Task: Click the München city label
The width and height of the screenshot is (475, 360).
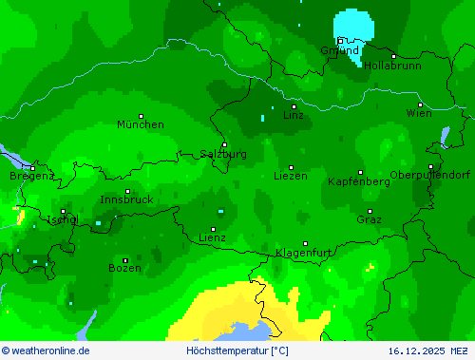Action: pyautogui.click(x=140, y=124)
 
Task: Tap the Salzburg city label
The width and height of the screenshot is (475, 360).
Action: pyautogui.click(x=223, y=154)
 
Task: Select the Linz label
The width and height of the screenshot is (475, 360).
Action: pyautogui.click(x=294, y=115)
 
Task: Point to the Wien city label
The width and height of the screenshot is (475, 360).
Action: pyautogui.click(x=419, y=113)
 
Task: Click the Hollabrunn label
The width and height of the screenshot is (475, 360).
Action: pyautogui.click(x=393, y=66)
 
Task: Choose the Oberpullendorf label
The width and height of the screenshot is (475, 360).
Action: pyautogui.click(x=430, y=175)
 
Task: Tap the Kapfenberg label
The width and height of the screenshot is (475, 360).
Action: pyautogui.click(x=358, y=180)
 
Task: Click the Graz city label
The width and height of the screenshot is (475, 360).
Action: pyautogui.click(x=369, y=219)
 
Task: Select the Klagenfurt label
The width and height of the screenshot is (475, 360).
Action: pyautogui.click(x=304, y=252)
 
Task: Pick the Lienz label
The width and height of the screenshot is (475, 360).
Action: pyautogui.click(x=212, y=237)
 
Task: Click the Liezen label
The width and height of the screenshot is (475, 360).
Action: pyautogui.click(x=291, y=176)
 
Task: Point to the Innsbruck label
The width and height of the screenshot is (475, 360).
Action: pyautogui.click(x=126, y=199)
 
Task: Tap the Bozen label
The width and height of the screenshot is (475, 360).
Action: pyautogui.click(x=124, y=269)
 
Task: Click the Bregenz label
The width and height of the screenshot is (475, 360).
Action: pyautogui.click(x=31, y=176)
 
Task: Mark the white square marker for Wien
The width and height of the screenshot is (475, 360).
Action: pyautogui.click(x=420, y=104)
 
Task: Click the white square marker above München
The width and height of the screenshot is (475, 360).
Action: pyautogui.click(x=141, y=116)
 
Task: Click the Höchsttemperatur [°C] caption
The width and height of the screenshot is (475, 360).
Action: pyautogui.click(x=237, y=351)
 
